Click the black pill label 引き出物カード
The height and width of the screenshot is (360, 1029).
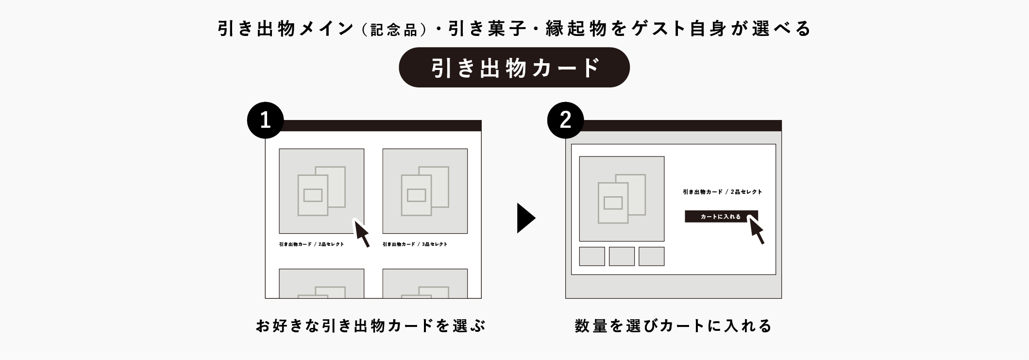click(514, 68)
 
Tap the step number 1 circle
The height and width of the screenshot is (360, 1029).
click(265, 120)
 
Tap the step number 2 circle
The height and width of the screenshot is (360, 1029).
click(565, 120)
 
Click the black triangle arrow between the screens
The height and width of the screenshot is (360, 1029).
click(525, 218)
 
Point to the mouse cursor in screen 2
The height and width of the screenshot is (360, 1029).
click(757, 230)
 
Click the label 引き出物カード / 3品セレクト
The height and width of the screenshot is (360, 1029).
click(415, 244)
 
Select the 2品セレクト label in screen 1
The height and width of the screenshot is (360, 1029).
click(311, 244)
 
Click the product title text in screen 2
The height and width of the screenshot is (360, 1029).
click(722, 192)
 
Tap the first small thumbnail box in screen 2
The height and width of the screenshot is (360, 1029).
click(592, 257)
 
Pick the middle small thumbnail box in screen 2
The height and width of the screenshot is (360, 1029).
click(622, 257)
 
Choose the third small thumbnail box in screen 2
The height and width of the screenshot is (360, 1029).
click(651, 257)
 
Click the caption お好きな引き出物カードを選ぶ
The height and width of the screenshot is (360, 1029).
click(371, 326)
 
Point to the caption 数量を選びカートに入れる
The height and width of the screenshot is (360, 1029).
click(673, 326)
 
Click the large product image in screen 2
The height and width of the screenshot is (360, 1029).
click(622, 199)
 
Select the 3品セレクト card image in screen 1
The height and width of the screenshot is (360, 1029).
click(425, 191)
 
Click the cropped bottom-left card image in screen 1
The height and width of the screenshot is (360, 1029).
click(321, 284)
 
